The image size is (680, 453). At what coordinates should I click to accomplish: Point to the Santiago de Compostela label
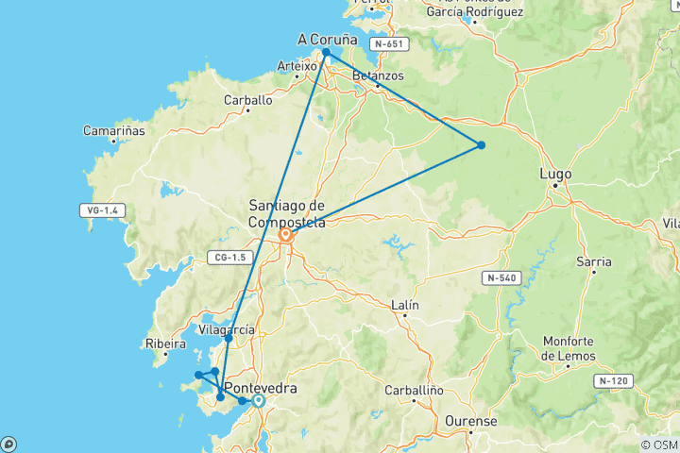[286, 213]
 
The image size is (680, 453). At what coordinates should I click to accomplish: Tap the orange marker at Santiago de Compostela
[286, 236]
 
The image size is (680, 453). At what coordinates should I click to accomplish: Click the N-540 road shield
[502, 277]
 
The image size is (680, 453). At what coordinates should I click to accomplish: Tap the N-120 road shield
[614, 380]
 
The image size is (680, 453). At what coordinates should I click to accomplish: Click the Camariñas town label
[113, 131]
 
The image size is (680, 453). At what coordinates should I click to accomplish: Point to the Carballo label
[247, 99]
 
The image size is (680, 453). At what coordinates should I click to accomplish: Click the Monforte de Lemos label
[575, 348]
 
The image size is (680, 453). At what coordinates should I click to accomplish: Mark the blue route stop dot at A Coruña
[326, 54]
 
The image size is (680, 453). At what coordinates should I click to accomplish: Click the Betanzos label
[377, 75]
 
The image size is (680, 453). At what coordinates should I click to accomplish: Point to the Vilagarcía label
[227, 329]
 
